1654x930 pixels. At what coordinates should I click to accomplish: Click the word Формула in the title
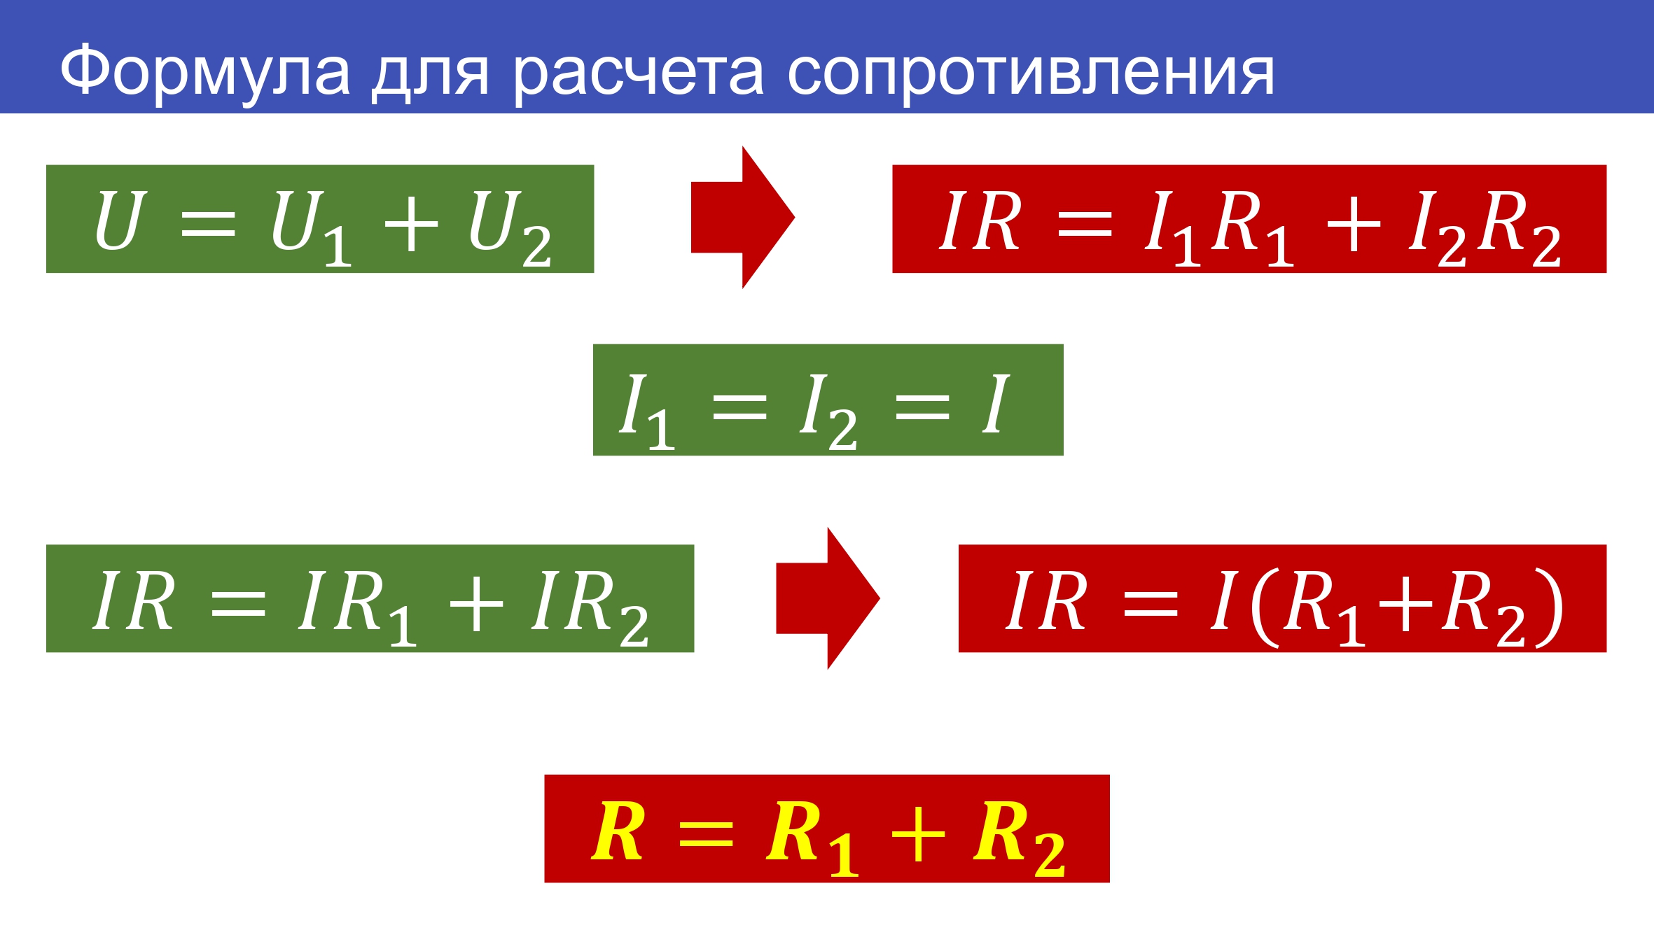(x=204, y=73)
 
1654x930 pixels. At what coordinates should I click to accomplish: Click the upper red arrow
(x=742, y=217)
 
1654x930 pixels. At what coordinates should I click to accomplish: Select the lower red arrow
(x=828, y=598)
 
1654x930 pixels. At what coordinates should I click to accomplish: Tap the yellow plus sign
(x=918, y=833)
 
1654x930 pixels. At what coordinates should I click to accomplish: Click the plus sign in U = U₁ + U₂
(x=411, y=224)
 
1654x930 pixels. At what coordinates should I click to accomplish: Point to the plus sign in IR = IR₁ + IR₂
(x=476, y=603)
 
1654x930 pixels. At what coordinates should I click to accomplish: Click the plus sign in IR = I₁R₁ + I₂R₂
(x=1354, y=224)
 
